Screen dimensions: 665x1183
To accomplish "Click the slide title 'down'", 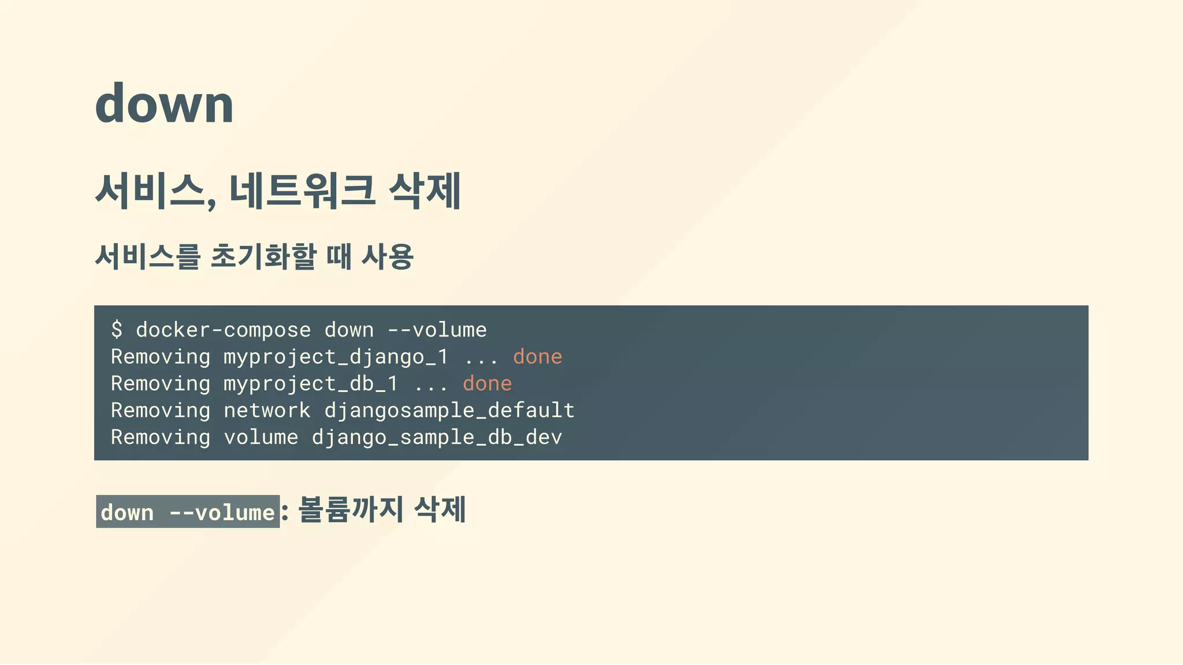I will [164, 104].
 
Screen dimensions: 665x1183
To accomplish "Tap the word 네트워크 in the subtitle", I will [302, 191].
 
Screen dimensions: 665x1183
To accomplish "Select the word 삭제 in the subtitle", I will [425, 191].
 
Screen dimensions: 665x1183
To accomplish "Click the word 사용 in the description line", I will [387, 257].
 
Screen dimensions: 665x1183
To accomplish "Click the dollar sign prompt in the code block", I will [117, 330].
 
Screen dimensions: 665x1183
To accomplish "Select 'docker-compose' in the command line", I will [223, 330].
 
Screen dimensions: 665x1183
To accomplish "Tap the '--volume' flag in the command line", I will [437, 330].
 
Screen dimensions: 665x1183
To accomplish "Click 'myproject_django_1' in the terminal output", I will [336, 357].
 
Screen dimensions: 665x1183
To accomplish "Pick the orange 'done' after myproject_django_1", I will [537, 357].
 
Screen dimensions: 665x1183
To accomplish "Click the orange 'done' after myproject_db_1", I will [487, 384].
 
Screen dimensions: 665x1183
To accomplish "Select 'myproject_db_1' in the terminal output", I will [311, 384].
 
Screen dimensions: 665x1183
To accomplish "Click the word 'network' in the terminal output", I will [267, 410].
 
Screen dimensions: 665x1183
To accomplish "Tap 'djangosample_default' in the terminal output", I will [449, 410].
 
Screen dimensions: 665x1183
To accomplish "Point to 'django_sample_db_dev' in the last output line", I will [437, 438].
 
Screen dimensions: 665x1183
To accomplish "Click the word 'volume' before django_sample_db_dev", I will [261, 438].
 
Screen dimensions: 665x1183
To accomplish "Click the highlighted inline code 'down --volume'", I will [188, 512].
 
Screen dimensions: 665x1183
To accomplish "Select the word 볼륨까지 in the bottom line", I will [351, 510].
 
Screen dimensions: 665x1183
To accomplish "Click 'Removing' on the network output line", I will [161, 410].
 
